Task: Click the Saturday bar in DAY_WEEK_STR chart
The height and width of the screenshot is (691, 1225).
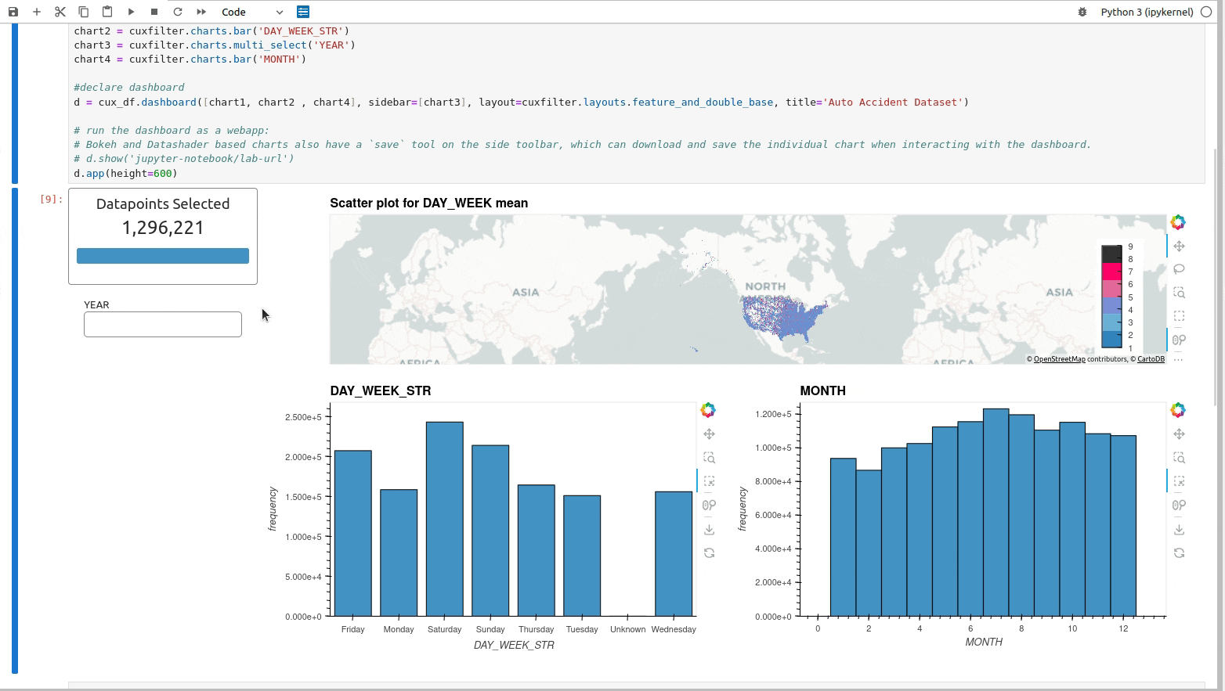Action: click(444, 519)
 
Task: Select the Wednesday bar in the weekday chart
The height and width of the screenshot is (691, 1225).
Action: click(674, 553)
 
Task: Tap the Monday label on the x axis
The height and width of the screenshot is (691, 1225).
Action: click(399, 629)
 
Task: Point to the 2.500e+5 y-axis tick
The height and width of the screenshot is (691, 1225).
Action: click(303, 417)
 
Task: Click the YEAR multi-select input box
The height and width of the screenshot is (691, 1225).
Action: click(163, 325)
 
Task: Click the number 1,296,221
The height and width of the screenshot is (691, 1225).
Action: click(163, 228)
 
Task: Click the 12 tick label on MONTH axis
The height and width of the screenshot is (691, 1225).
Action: click(1123, 628)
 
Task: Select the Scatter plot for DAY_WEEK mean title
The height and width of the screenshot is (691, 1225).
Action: click(428, 203)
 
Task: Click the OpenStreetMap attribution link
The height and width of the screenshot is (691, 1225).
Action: click(1059, 359)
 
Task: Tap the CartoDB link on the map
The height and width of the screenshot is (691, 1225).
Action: click(1151, 359)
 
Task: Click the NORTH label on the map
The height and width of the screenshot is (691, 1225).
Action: click(765, 286)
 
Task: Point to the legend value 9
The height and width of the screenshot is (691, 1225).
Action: click(1130, 247)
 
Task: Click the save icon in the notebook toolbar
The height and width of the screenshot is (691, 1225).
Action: click(13, 12)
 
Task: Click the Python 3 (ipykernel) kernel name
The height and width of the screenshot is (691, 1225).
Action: click(1147, 12)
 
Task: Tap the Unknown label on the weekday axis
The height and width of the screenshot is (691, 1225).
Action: click(627, 629)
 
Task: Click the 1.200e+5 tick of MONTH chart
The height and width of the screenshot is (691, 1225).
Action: click(773, 414)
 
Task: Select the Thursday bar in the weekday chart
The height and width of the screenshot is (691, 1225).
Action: click(536, 550)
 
